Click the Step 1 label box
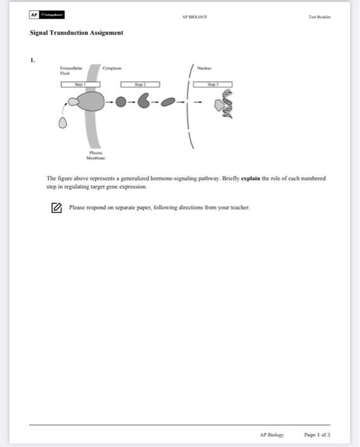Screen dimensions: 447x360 (80, 84)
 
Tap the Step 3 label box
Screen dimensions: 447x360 (213, 84)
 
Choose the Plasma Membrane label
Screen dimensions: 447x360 (96, 155)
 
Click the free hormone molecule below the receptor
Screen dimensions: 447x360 (63, 124)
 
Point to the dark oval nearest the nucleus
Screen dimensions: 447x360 (169, 102)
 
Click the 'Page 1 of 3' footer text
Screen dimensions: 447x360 (317, 434)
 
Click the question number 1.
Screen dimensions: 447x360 (32, 60)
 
